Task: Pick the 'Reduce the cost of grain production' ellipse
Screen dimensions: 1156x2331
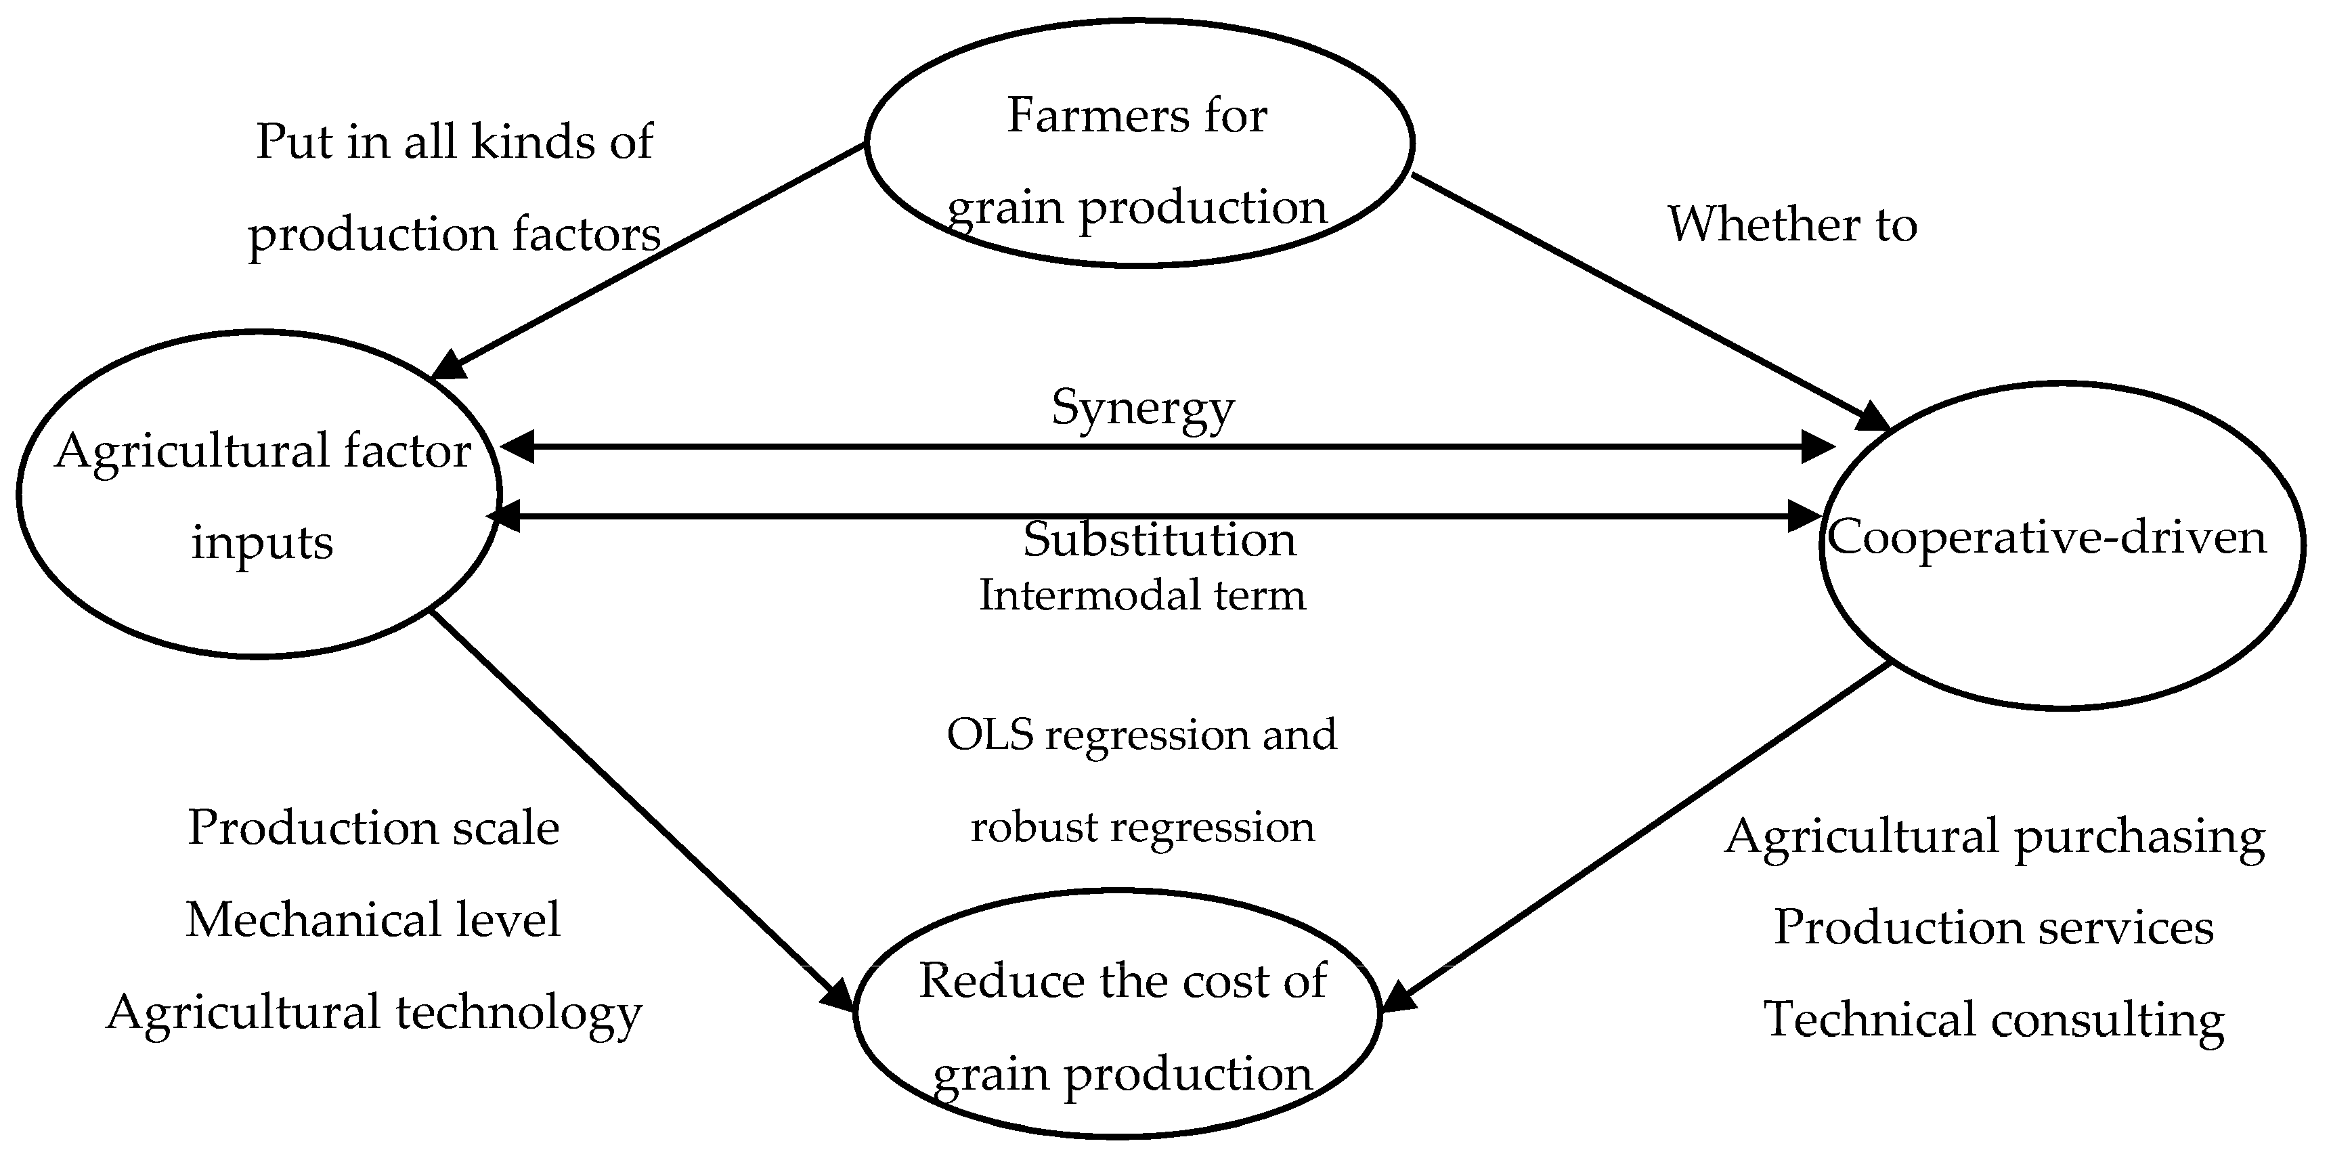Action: (1118, 1013)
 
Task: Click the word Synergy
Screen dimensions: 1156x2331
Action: (1142, 408)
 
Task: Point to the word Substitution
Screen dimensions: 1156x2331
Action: (1159, 540)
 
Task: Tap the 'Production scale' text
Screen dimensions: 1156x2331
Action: (373, 828)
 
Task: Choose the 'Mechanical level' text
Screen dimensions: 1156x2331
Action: (373, 920)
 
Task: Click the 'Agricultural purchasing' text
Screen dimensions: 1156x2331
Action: (1995, 836)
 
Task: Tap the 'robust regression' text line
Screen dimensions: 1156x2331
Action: (1142, 826)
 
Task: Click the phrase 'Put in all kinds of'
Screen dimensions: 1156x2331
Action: (454, 142)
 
